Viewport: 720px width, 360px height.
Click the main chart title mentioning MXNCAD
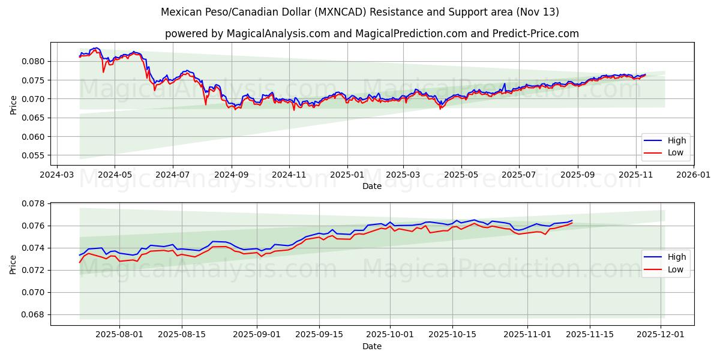[x=360, y=12]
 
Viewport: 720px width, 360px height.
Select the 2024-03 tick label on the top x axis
[x=57, y=175]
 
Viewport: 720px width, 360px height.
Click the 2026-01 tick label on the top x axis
[x=694, y=175]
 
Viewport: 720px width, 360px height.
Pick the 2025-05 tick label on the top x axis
[x=461, y=175]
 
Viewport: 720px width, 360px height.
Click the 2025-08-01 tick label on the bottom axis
[x=119, y=335]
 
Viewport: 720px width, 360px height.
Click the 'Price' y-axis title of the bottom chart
[x=13, y=264]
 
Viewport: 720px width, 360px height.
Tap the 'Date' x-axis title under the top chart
[x=372, y=186]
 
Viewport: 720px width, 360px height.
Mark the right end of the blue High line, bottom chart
[x=572, y=220]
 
